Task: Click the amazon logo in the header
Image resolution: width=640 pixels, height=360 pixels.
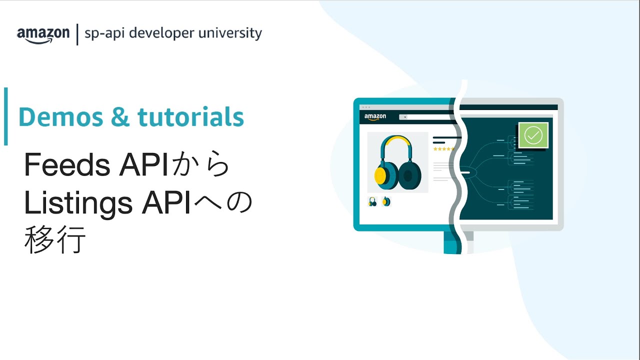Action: click(x=43, y=34)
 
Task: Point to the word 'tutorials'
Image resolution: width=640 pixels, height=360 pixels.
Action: click(x=190, y=117)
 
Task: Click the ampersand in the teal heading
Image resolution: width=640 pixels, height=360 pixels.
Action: click(x=120, y=117)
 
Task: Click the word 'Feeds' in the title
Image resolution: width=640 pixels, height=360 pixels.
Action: click(x=67, y=165)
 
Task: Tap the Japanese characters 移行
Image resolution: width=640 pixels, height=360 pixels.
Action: click(x=54, y=240)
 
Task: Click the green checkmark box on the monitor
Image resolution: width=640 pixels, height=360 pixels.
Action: click(x=533, y=135)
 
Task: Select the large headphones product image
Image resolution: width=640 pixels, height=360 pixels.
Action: click(x=397, y=162)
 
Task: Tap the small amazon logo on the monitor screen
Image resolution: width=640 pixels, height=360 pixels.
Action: click(x=375, y=117)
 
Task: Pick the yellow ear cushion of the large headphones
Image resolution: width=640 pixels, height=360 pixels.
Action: click(x=380, y=175)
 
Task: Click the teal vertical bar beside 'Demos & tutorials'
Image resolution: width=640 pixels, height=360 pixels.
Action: click(x=5, y=116)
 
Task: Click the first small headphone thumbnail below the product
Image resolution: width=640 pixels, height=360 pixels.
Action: click(x=372, y=201)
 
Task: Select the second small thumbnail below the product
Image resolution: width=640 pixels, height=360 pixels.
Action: click(x=386, y=201)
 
